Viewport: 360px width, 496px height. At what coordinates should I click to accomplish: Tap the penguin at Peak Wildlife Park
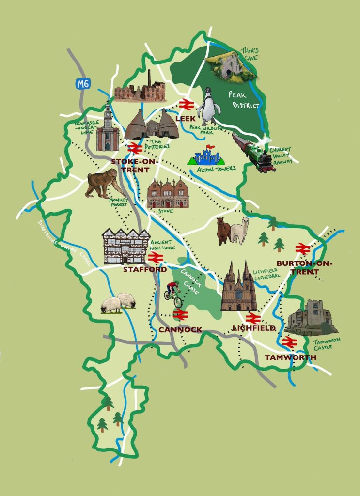(x=209, y=107)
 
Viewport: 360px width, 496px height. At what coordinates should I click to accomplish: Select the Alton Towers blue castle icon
(x=205, y=155)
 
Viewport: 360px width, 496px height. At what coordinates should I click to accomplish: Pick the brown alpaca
(x=223, y=231)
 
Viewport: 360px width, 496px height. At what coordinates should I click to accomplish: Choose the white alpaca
(x=239, y=231)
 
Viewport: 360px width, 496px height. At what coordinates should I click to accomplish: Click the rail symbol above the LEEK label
(x=186, y=105)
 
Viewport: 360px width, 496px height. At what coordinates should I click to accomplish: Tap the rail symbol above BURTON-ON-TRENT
(x=301, y=249)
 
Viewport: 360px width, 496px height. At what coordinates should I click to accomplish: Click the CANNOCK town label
(x=180, y=330)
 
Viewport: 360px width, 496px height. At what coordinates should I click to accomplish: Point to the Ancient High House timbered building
(x=125, y=246)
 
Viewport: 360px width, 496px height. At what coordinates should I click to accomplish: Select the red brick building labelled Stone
(x=168, y=193)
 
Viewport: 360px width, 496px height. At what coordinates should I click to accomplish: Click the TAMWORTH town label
(x=290, y=357)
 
